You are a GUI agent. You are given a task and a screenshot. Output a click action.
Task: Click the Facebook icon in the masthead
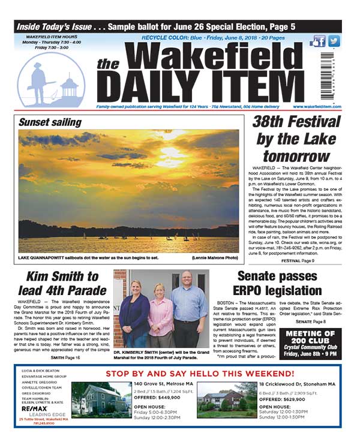[x=318, y=41]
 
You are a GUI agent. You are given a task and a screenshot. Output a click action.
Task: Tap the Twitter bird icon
[x=334, y=41]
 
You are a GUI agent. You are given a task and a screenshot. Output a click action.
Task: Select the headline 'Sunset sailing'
[x=50, y=122]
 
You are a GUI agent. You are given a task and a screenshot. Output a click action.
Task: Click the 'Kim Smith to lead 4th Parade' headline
[x=62, y=284]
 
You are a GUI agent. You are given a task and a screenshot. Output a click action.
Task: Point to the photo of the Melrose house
[x=99, y=401]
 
